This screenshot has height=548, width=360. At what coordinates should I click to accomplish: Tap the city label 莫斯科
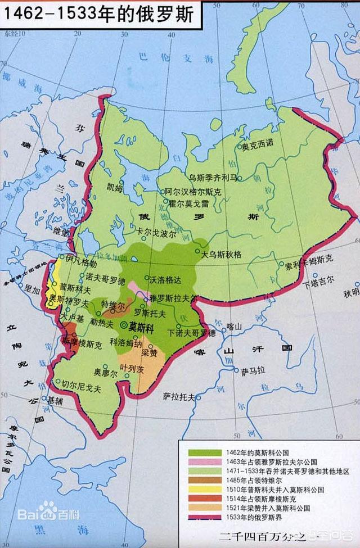pos(141,326)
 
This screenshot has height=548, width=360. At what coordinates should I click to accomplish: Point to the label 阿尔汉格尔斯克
pos(193,192)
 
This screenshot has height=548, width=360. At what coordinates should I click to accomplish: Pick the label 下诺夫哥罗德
pos(192,333)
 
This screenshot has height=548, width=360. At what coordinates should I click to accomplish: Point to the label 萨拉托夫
pos(179,396)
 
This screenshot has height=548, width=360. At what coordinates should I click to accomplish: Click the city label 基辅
pos(55,401)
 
